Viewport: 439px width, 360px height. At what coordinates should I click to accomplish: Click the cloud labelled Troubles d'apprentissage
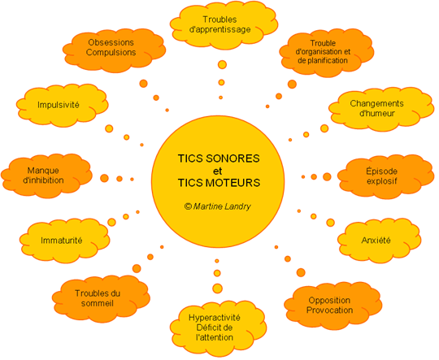(x=224, y=25)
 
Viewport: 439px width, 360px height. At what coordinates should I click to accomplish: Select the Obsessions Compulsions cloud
(x=114, y=50)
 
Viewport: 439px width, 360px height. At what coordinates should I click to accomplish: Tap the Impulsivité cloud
(x=62, y=105)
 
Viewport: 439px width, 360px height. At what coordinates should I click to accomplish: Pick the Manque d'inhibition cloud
(x=46, y=176)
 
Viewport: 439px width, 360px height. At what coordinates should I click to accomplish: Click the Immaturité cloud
(x=64, y=241)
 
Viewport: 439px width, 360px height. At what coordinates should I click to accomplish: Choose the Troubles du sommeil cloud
(x=101, y=298)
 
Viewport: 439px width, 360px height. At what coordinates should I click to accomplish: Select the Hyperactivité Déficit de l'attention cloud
(x=218, y=328)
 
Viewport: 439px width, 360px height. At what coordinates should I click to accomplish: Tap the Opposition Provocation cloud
(x=333, y=306)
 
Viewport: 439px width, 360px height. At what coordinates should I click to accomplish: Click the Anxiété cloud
(x=379, y=241)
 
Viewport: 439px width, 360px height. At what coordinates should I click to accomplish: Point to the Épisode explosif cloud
(x=385, y=176)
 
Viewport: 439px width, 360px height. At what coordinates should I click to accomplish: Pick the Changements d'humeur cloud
(x=381, y=109)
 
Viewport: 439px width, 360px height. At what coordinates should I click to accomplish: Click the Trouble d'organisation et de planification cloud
(x=326, y=52)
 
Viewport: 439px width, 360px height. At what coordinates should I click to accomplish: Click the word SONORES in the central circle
(x=233, y=158)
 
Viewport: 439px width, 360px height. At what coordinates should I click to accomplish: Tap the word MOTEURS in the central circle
(x=233, y=183)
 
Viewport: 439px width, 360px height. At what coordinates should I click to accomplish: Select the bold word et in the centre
(x=218, y=171)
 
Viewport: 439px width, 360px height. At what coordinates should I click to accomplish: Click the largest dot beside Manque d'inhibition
(x=104, y=178)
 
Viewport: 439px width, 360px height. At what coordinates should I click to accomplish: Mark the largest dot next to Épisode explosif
(x=327, y=176)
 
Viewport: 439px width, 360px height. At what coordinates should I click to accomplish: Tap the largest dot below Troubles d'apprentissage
(x=222, y=65)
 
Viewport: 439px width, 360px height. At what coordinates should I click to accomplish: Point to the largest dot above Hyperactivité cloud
(x=217, y=288)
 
